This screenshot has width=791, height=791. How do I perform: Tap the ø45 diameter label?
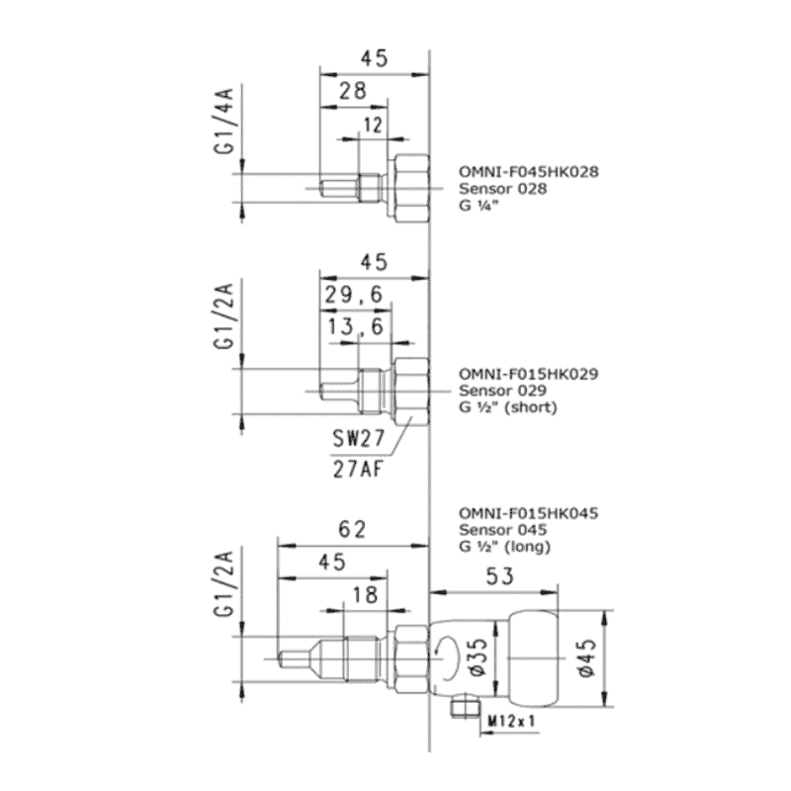click(585, 658)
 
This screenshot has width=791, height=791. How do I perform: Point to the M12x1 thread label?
click(511, 722)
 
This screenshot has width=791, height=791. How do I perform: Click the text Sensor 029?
click(495, 391)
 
